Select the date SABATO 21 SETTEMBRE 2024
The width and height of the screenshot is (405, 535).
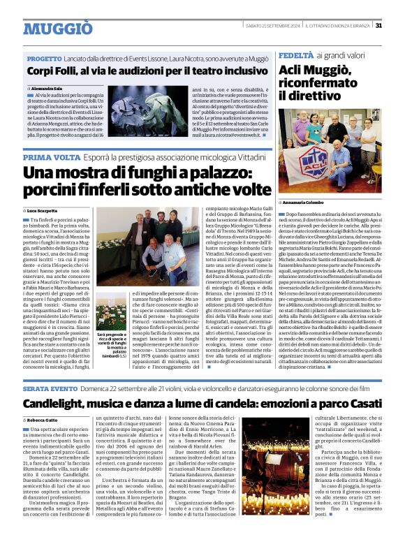pos(273,26)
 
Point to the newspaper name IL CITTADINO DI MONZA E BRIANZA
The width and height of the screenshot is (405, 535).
pos(338,26)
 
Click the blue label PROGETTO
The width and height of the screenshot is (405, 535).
pos(45,59)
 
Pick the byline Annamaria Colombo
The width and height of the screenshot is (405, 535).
pos(307,203)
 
